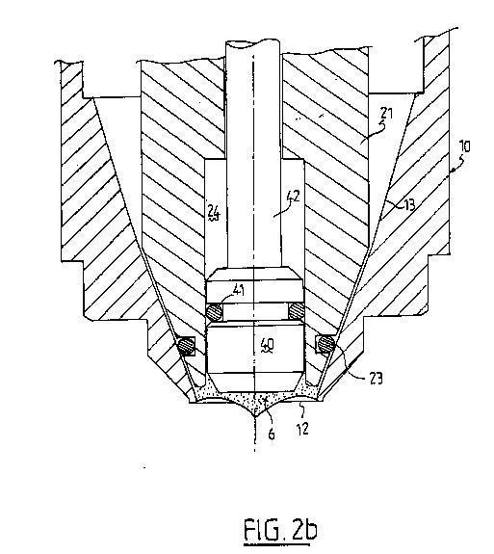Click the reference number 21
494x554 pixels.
click(x=386, y=114)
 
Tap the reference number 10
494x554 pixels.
click(x=465, y=145)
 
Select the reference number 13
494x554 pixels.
click(x=408, y=205)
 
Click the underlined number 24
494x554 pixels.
click(x=214, y=214)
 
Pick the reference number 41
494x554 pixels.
click(x=240, y=291)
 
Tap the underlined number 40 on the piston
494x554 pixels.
click(x=267, y=345)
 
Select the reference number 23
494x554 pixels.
click(x=376, y=379)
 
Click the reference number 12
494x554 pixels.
click(x=303, y=429)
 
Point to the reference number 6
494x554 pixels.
click(x=272, y=434)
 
